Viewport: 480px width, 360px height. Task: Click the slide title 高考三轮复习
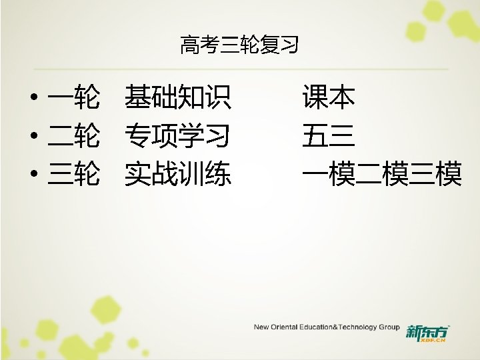click(239, 45)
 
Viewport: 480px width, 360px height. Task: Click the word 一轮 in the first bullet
click(74, 99)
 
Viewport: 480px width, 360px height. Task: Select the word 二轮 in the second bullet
click(74, 137)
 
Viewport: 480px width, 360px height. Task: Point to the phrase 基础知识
click(178, 99)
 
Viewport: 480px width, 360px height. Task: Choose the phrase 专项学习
click(178, 137)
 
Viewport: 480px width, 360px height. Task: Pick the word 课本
click(328, 99)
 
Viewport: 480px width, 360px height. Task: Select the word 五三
click(328, 137)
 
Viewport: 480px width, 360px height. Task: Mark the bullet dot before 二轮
click(33, 138)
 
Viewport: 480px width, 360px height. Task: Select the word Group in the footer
click(389, 327)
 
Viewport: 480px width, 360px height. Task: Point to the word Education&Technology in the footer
click(337, 327)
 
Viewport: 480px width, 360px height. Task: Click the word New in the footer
click(261, 327)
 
